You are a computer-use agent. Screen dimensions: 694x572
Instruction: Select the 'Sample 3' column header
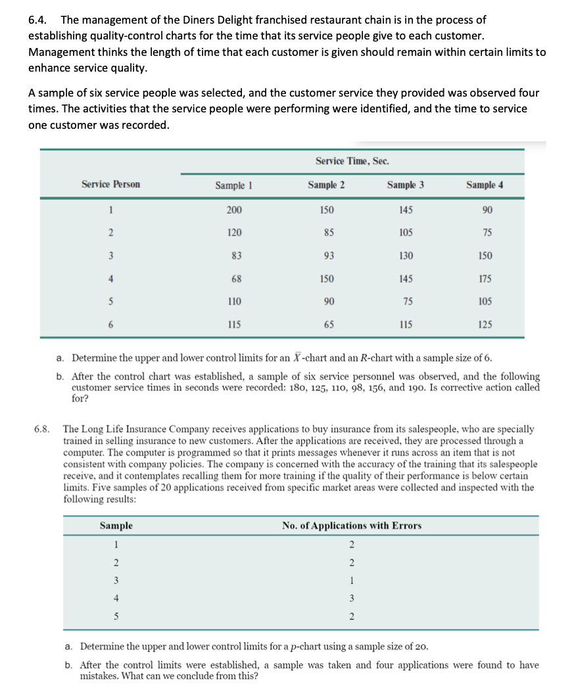pos(406,185)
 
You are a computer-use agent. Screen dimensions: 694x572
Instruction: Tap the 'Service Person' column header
pos(110,185)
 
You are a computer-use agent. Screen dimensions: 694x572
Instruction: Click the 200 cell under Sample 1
pos(234,210)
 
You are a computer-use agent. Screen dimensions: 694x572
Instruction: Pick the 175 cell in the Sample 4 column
pos(485,279)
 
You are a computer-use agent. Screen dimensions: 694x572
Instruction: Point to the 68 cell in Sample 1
pos(235,279)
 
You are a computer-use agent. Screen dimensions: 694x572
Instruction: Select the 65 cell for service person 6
pos(327,325)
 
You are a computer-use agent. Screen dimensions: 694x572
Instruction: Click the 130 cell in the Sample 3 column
pos(406,256)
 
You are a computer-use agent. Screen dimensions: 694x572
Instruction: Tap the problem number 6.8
pos(42,429)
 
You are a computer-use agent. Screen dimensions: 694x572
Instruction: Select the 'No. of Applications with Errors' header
pos(352,526)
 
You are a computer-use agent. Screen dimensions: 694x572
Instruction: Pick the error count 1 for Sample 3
pos(352,580)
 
